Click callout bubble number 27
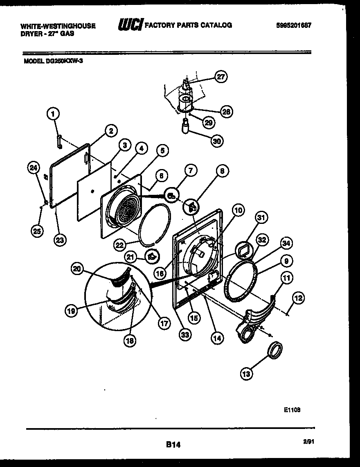click(221, 77)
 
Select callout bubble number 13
click(247, 373)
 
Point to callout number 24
click(34, 167)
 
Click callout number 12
click(299, 299)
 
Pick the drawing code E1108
click(292, 408)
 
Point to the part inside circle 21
click(153, 257)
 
